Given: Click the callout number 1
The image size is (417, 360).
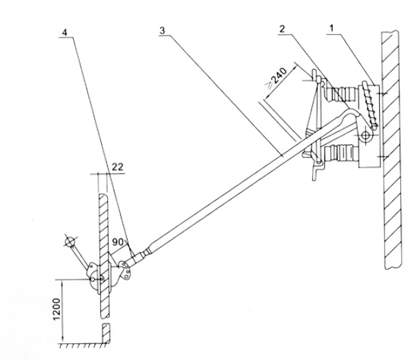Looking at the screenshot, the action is coord(331,29).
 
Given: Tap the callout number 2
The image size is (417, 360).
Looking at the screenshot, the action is coord(282,28).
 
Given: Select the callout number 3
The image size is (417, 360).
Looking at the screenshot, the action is coord(163,30).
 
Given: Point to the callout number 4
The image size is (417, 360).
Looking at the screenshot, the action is coord(65,33).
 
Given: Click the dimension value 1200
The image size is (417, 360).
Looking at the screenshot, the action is coord(57,309).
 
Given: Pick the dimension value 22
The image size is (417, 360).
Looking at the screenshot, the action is coord(117,167).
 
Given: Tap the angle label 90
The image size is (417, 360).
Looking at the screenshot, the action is coord(118,242).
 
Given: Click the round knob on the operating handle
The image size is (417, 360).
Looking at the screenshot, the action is coord(70,242).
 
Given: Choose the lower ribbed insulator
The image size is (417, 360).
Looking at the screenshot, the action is coord(341,153).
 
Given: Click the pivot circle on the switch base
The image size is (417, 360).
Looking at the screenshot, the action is coord(366,135).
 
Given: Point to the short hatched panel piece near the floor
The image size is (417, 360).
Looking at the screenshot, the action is coord(106,333).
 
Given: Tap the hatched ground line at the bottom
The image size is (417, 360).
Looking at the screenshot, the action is coord(84,345).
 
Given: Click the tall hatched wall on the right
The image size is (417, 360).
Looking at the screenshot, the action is coord(391,150).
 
